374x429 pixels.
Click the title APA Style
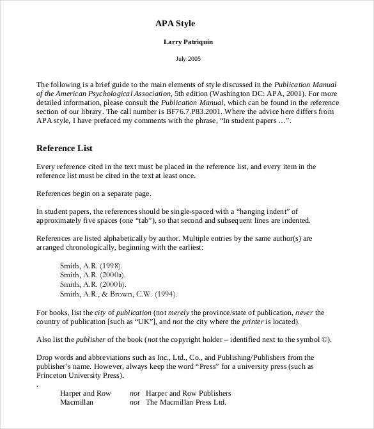(175, 24)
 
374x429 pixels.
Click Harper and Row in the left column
(86, 393)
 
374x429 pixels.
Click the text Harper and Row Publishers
(189, 393)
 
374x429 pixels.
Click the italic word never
(304, 312)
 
